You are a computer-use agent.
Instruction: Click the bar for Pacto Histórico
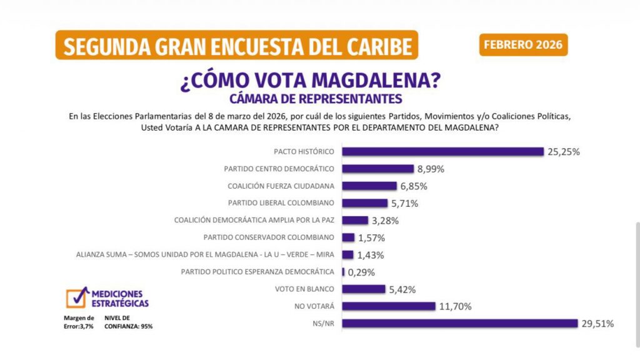pos(443,151)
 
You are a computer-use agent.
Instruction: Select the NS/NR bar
pos(459,323)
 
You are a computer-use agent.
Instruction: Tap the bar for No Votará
pos(389,306)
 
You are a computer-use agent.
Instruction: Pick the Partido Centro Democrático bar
pos(378,169)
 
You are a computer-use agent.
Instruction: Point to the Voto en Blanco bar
pos(364,289)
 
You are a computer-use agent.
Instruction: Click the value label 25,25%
pos(565,151)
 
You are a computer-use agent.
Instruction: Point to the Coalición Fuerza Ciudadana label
pos(281,186)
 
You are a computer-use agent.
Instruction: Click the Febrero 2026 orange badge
pos(524,45)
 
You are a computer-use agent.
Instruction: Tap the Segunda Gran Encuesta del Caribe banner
pos(237,46)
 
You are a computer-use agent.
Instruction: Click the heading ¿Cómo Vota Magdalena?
pos(311,81)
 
